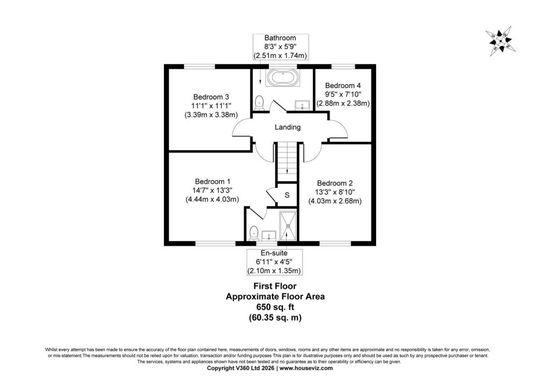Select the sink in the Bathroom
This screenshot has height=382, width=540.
[x=302, y=105]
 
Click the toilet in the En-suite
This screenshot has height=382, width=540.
[x=254, y=233]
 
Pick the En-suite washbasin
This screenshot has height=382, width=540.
[x=268, y=236]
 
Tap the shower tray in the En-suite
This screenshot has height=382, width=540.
[x=287, y=226]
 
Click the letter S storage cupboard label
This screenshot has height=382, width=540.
[x=287, y=195]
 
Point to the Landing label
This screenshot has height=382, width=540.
[x=287, y=127]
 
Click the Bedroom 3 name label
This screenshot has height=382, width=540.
[x=211, y=97]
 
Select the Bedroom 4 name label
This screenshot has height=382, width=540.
[x=343, y=85]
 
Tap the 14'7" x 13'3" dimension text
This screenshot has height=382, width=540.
[x=212, y=190]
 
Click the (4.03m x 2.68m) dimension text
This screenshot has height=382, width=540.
[x=335, y=201]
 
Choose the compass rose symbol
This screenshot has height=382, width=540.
[x=500, y=41]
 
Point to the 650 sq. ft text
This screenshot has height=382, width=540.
[x=275, y=307]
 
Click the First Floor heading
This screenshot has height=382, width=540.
[x=275, y=286]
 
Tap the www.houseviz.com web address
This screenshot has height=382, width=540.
[x=306, y=368]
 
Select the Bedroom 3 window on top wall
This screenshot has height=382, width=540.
[x=199, y=66]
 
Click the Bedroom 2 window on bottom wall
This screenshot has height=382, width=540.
[x=335, y=243]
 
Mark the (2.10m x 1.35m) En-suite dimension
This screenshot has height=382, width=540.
[x=274, y=271]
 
